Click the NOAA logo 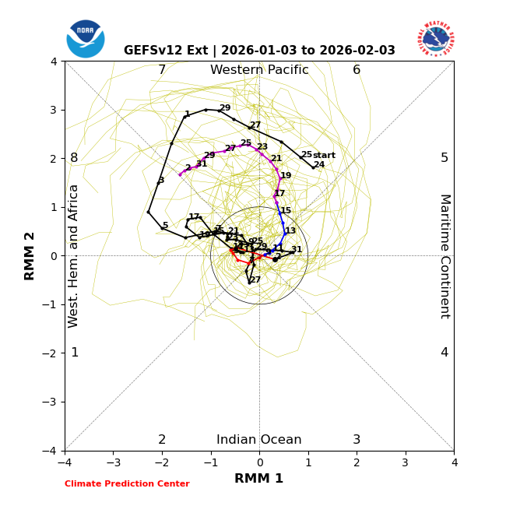pos(86,39)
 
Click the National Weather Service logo pos(436,38)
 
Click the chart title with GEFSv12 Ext pos(259,51)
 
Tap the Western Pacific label pos(259,70)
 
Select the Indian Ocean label pos(259,440)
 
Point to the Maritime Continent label pos(445,256)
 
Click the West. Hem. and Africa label pos(74,256)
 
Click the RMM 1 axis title pos(259,479)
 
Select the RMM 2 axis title pos(30,256)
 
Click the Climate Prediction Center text pos(127,484)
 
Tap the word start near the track pos(324,156)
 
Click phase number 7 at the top pos(162,70)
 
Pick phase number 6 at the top pos(357,70)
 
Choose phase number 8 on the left pos(74,158)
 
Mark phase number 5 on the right pos(445,158)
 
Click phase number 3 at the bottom pos(357,440)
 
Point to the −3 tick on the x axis pos(113,462)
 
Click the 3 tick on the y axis pos(54,110)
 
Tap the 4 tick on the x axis pos(454,462)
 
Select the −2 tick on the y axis pos(51,353)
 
